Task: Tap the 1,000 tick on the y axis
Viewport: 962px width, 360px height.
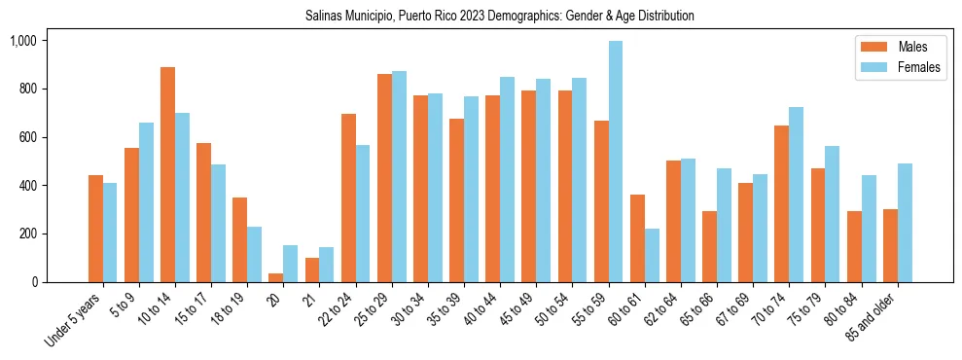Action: point(22,41)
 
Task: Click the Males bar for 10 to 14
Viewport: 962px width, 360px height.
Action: point(167,175)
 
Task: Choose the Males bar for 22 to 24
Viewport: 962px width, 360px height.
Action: point(348,198)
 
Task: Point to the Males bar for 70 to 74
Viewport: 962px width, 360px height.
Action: point(782,204)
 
